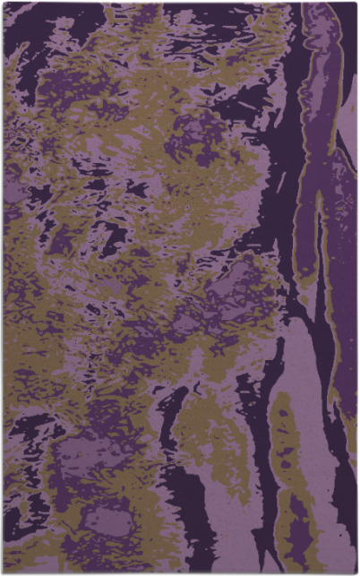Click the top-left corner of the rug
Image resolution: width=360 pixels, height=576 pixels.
point(4,3)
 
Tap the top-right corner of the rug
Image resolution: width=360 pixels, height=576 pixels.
point(356,3)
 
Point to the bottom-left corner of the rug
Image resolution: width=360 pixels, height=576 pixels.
point(4,572)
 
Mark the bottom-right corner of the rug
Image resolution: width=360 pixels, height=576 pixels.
point(356,572)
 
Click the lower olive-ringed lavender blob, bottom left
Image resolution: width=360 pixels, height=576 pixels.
point(103,520)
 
